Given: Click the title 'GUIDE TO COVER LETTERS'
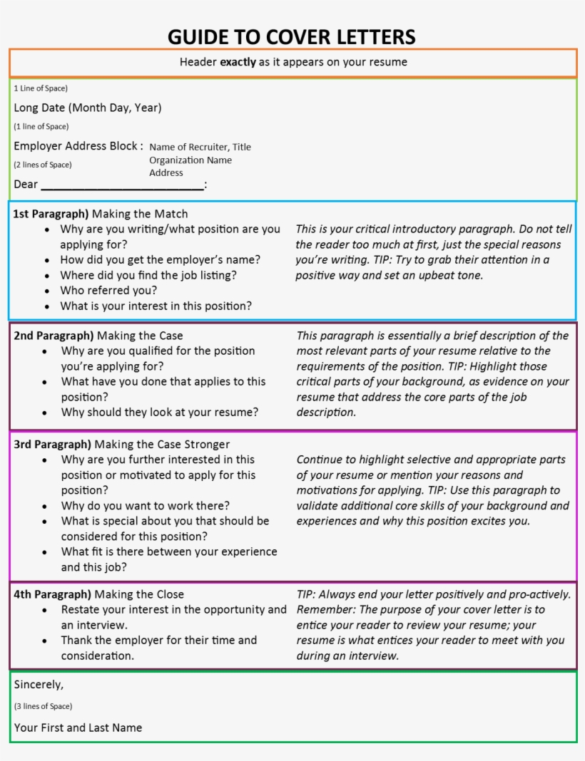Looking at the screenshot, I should click(292, 36).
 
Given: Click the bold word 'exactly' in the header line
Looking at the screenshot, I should click(238, 62).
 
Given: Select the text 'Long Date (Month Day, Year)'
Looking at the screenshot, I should click(88, 108).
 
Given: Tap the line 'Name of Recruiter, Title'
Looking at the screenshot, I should click(200, 147).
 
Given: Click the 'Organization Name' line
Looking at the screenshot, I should click(190, 160).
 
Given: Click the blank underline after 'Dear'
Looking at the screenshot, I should click(122, 185).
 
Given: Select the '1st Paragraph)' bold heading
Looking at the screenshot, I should click(51, 214).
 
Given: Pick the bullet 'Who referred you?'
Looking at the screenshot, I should click(108, 291).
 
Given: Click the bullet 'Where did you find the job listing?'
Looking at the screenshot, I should click(148, 275).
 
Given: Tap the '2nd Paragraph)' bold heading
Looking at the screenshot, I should click(54, 336).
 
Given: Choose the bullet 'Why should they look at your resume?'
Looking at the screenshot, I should click(159, 412).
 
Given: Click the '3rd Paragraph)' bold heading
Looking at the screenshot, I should click(52, 445).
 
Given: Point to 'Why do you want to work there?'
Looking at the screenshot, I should click(145, 506).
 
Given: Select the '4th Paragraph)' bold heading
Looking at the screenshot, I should click(52, 594).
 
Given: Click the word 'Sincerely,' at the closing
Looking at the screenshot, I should click(39, 685).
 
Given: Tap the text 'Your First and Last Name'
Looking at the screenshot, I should click(78, 728).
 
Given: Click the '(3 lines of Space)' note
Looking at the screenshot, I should click(43, 706).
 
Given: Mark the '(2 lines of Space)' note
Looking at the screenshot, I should click(43, 165).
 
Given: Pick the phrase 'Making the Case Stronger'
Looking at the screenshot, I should click(162, 445).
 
